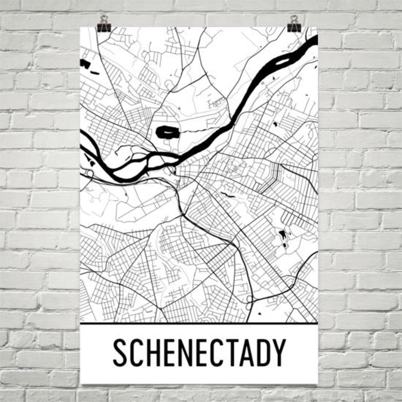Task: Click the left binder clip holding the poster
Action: (104, 23)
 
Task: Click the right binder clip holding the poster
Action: (294, 23)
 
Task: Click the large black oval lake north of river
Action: (167, 132)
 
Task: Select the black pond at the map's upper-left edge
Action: (85, 64)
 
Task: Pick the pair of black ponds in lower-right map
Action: (283, 238)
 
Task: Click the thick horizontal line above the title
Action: (199, 323)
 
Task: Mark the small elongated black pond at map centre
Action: (227, 194)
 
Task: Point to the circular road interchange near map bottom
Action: (249, 299)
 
